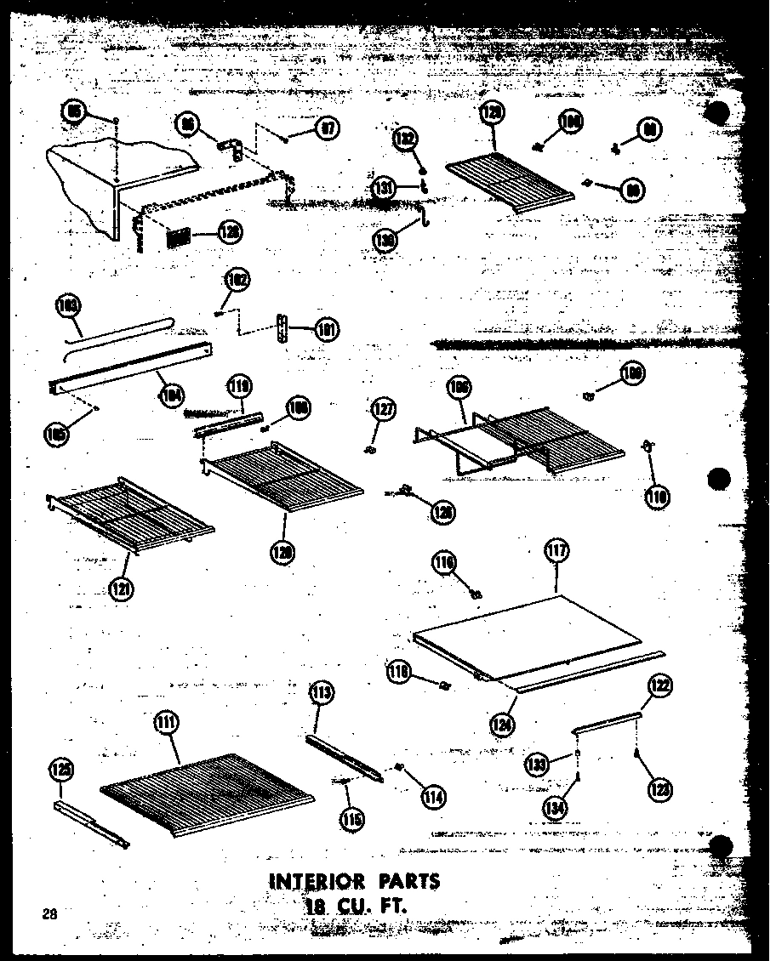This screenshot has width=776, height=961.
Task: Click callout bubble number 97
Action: [x=327, y=129]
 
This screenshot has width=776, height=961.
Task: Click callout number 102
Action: [x=237, y=278]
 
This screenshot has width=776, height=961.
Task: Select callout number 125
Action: [x=60, y=771]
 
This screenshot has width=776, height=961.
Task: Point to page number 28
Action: [x=48, y=914]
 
